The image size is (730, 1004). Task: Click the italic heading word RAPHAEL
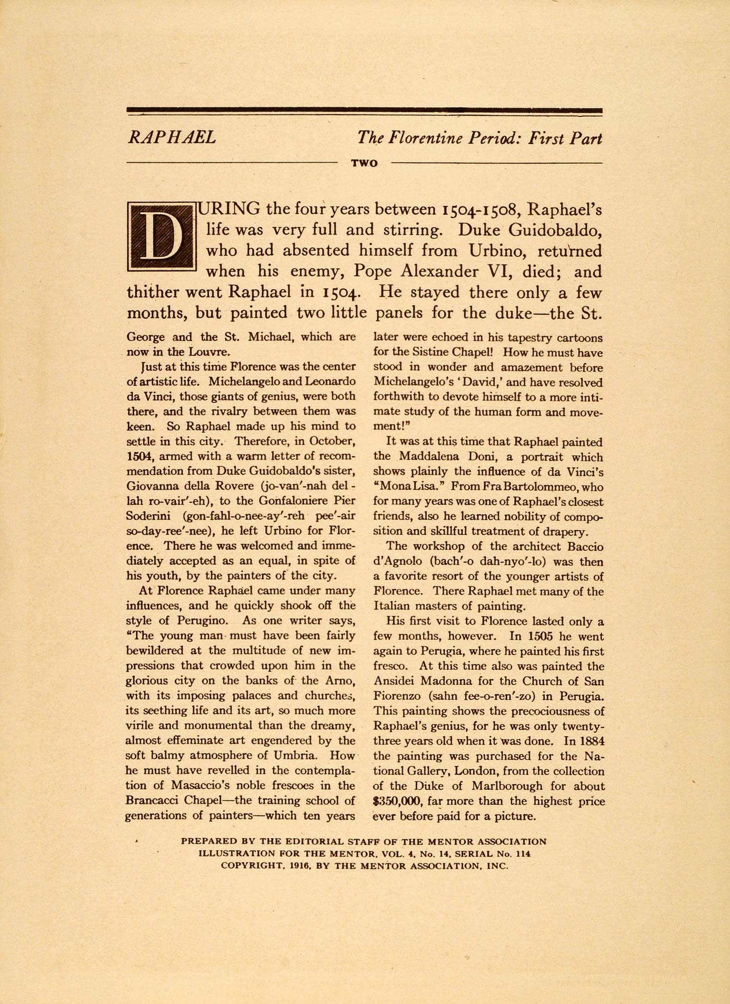click(171, 138)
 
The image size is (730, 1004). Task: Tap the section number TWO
click(365, 164)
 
